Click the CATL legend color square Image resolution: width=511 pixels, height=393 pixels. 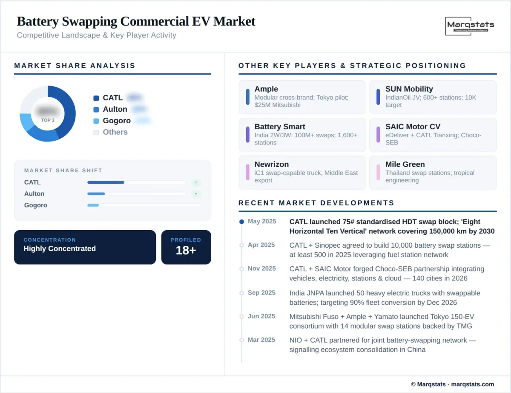click(96, 98)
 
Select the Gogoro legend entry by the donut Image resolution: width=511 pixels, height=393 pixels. click(117, 121)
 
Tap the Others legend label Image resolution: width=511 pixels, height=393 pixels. click(115, 132)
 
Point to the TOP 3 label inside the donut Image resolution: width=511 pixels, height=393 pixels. click(48, 120)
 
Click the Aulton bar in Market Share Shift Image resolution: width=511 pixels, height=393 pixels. click(96, 194)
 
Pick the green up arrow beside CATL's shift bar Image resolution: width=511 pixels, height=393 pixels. click(196, 182)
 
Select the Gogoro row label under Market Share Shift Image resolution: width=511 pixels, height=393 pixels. click(36, 205)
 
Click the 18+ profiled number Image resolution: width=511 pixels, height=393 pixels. click(186, 250)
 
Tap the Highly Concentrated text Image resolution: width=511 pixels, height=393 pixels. click(60, 249)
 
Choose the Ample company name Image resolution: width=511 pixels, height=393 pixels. click(266, 89)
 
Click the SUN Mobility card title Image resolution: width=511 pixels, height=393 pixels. click(409, 89)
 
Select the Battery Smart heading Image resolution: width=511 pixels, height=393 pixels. click(280, 127)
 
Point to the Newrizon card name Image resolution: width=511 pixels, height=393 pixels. click(271, 164)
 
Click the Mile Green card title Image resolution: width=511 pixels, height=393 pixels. click(405, 164)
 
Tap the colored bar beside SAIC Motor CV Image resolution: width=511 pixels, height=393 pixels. click(378, 135)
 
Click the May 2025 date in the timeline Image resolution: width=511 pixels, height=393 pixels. click(262, 222)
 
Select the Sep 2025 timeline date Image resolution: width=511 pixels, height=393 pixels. click(261, 293)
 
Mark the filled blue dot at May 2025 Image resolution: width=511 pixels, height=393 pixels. click(242, 222)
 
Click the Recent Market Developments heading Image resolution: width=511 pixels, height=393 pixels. click(316, 203)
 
